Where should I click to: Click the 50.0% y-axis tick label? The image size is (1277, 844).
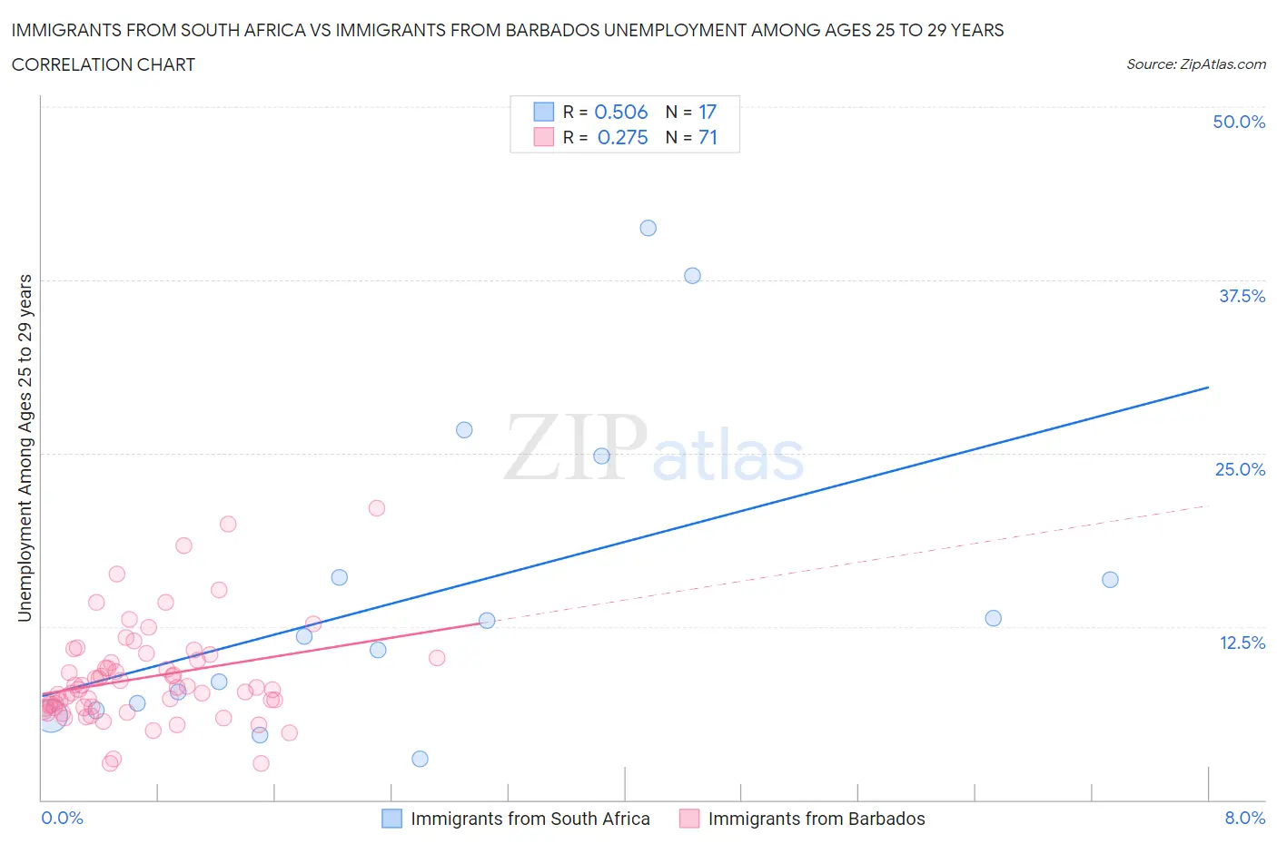[x=1239, y=122]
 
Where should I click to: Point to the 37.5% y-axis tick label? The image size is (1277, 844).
[x=1242, y=296]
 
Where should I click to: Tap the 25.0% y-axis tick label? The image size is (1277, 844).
[x=1240, y=469]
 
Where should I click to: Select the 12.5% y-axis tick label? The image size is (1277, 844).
[x=1242, y=643]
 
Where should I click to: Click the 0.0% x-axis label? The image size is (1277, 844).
[x=62, y=818]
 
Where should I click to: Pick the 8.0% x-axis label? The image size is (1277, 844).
[x=1244, y=818]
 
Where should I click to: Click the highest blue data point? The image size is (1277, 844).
[x=648, y=228]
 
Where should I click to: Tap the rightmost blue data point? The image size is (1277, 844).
[x=1110, y=580]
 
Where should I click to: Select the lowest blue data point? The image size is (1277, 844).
[x=420, y=759]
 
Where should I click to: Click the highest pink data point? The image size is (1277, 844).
[x=377, y=508]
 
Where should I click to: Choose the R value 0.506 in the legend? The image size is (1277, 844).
[x=620, y=112]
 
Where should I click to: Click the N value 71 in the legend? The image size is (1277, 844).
[x=708, y=137]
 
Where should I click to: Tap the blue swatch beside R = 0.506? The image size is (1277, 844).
[x=543, y=112]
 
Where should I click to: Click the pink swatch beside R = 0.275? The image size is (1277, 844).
[x=543, y=137]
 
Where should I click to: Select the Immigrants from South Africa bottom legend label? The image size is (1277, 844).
[x=530, y=819]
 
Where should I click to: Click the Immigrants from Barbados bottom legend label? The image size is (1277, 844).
[x=817, y=819]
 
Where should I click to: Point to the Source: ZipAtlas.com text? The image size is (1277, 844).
[x=1195, y=64]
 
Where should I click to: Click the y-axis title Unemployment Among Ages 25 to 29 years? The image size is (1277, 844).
[x=25, y=448]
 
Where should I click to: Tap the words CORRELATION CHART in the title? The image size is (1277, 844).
[x=104, y=64]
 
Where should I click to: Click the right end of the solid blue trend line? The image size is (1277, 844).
[x=1208, y=388]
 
